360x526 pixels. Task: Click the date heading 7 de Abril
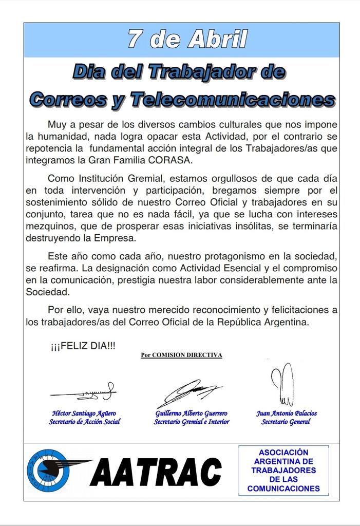click(x=187, y=39)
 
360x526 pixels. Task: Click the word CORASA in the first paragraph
click(x=176, y=160)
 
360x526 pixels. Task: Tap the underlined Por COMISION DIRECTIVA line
click(x=181, y=355)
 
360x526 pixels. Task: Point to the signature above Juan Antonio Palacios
click(x=282, y=384)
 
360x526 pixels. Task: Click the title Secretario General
click(x=286, y=422)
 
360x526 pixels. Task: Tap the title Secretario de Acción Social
click(x=85, y=422)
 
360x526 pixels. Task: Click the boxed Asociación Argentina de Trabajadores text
click(x=283, y=471)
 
